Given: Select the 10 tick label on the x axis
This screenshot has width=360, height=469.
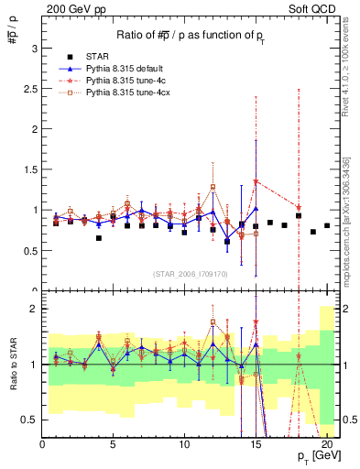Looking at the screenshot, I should click(184, 444).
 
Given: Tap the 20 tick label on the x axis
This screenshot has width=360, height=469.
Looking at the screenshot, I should click(327, 444).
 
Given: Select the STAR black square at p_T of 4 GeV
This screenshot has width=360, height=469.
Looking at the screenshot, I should click(99, 238).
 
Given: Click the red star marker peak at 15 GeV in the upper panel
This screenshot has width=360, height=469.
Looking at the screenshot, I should click(256, 181).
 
